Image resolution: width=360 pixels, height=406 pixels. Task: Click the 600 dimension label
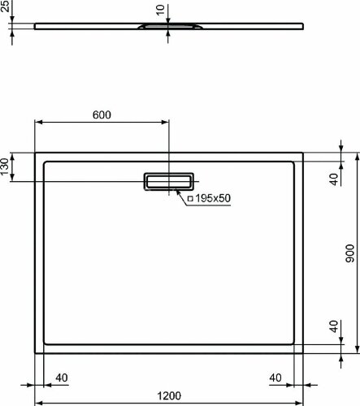[x=101, y=114]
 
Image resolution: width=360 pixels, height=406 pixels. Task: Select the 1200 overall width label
[x=168, y=395]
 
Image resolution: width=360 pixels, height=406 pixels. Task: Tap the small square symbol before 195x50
[x=189, y=198]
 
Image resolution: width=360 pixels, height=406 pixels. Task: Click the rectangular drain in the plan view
[x=169, y=181]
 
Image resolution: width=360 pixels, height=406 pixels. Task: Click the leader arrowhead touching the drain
[x=176, y=192]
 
